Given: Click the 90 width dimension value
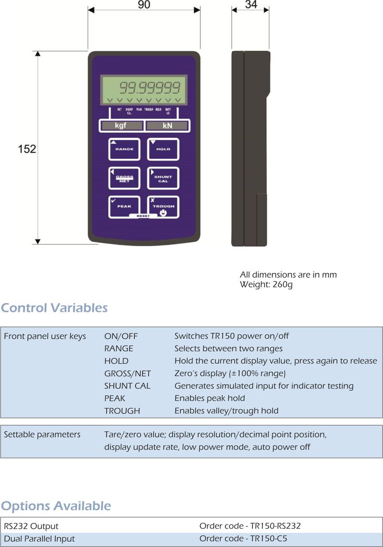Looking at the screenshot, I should [x=144, y=6].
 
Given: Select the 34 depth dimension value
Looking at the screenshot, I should [x=250, y=5].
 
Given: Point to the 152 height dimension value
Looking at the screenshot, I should [x=27, y=149].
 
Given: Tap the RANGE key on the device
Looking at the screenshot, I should [x=124, y=148].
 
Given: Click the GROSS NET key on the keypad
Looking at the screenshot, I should [x=124, y=178].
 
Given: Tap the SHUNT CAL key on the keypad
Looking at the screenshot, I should [x=163, y=178].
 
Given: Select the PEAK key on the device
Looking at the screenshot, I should [x=124, y=206].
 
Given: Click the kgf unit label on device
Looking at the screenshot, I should [x=121, y=126].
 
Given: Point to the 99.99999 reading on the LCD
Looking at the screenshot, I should [x=149, y=88].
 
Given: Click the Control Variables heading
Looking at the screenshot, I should [x=54, y=308].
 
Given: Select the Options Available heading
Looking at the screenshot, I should [x=56, y=506].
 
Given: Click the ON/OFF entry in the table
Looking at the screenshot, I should [x=121, y=336].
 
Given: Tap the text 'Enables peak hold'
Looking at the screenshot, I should [x=210, y=399].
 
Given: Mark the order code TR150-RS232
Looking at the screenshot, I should [x=250, y=526].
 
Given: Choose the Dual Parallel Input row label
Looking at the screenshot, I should [x=39, y=539].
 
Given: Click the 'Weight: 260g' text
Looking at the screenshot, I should [x=266, y=285].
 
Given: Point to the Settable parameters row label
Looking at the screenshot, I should [x=42, y=435].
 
